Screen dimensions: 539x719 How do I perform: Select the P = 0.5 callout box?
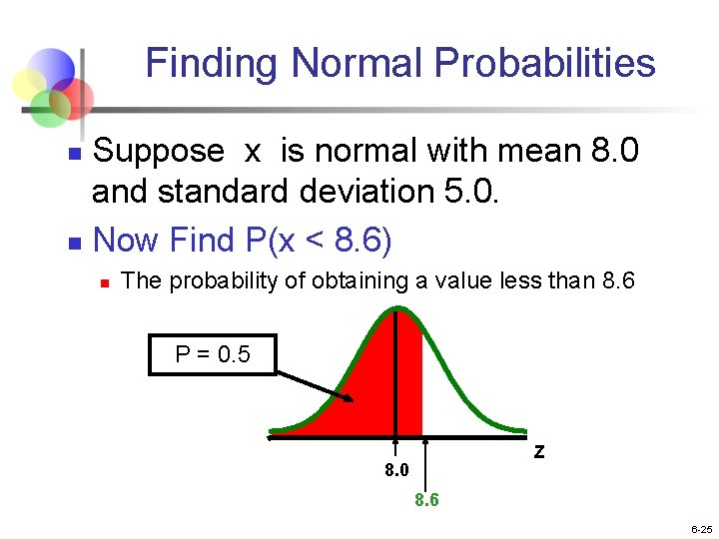tap(212, 354)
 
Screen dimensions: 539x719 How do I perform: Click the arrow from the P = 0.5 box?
tap(315, 387)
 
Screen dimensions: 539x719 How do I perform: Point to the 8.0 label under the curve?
tap(396, 469)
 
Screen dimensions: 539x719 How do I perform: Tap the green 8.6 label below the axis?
tap(426, 500)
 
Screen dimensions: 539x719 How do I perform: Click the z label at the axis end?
tap(539, 452)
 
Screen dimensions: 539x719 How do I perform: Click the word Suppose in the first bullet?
tap(158, 152)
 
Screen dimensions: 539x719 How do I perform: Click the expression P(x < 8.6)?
tap(316, 240)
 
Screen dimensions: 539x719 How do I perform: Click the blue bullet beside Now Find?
tap(71, 242)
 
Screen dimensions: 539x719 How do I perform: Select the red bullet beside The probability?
tap(104, 283)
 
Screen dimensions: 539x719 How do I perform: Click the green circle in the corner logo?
tap(47, 108)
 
